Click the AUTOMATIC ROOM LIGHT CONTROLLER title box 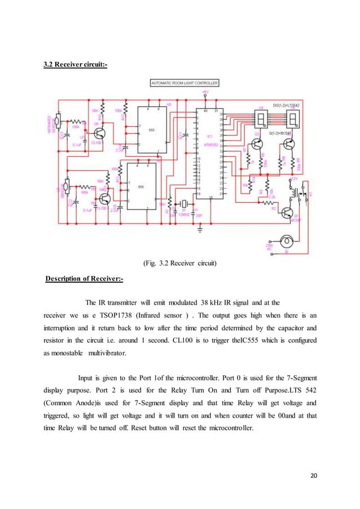click(x=185, y=82)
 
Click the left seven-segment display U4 click(x=262, y=119)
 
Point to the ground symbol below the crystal click(x=200, y=229)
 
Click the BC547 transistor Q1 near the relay click(x=288, y=213)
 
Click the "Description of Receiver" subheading click(x=86, y=279)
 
